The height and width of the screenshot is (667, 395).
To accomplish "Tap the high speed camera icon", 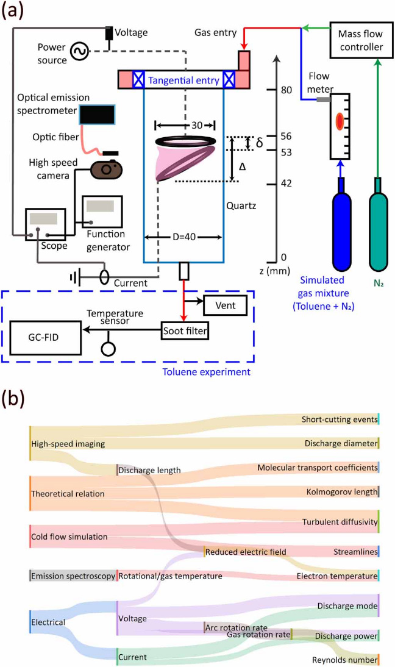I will pos(109,169).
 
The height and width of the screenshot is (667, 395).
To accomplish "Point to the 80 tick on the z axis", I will pos(277,90).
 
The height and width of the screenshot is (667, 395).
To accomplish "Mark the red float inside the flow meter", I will pos(340,121).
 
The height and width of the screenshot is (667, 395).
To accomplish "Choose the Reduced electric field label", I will pos(246,552).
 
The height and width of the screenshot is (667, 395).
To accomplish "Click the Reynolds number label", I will pos(343,660).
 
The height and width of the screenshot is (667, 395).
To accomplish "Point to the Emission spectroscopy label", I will pos(73,576).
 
